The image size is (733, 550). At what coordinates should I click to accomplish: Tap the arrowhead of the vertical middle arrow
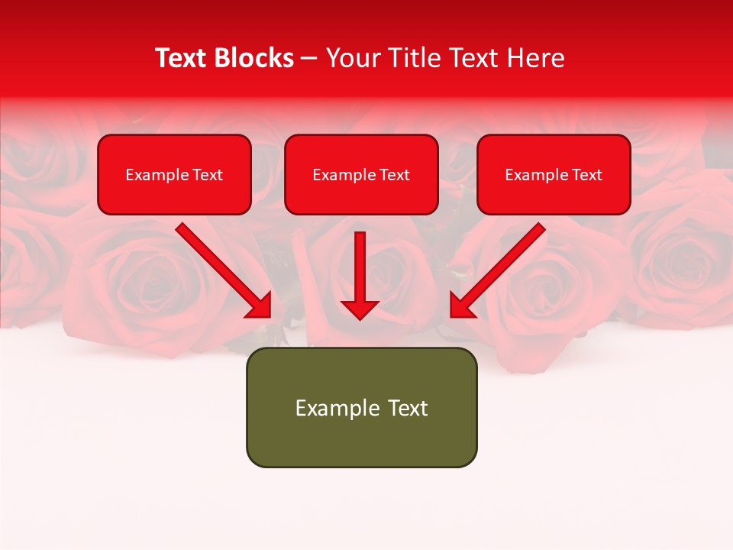360,309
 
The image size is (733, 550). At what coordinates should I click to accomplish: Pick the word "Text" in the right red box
586,175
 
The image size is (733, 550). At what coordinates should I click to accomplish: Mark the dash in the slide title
309,59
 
